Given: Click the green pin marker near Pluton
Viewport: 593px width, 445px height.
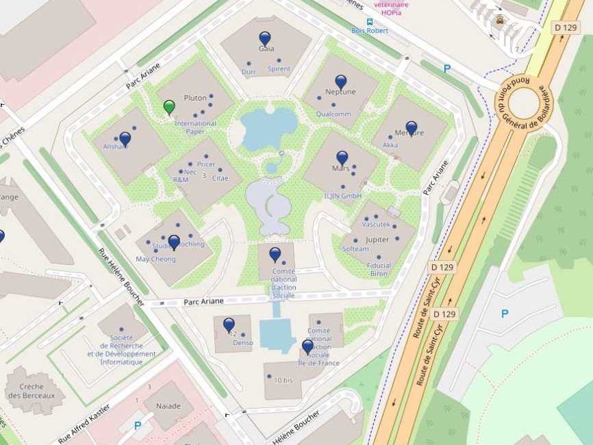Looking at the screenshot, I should click(x=169, y=107).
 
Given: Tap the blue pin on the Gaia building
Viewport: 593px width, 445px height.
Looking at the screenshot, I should click(x=265, y=38).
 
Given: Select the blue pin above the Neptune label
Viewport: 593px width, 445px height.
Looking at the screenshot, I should click(x=340, y=81).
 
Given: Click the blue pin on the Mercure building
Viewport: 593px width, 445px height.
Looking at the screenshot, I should click(x=411, y=127).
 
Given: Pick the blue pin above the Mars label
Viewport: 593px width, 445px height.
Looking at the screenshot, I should click(x=342, y=157).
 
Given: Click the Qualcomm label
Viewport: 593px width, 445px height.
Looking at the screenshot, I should click(x=333, y=114).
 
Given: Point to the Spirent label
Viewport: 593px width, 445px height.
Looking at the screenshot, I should click(x=279, y=69).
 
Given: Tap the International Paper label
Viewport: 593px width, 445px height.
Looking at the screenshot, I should click(x=195, y=127).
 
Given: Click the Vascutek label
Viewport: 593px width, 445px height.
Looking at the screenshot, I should click(x=376, y=225).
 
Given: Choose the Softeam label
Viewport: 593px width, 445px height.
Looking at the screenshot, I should click(x=355, y=249).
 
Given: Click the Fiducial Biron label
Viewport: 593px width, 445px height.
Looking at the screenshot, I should click(x=379, y=269).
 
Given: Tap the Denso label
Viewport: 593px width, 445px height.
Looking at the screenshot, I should click(x=242, y=342).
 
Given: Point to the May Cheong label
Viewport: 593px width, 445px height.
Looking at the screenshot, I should click(x=155, y=259).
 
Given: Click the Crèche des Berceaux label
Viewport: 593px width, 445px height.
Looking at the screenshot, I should click(x=34, y=391).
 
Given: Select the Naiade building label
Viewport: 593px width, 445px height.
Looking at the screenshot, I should click(x=168, y=406).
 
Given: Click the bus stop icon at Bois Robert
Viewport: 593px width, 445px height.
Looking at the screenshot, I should click(x=370, y=21).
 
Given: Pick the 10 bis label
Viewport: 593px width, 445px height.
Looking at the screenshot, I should click(x=283, y=379).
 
